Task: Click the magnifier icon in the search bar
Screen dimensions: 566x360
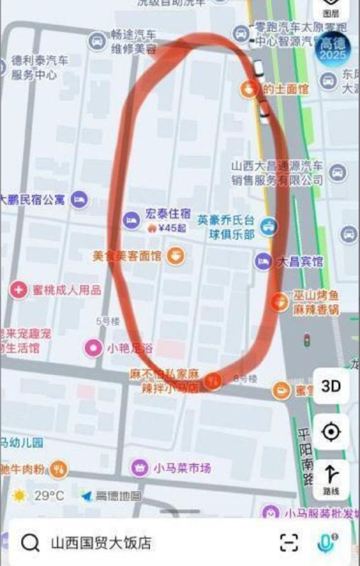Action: tap(30, 543)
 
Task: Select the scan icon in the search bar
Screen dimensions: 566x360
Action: tap(289, 543)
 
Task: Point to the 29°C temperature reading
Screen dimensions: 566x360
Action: tap(49, 495)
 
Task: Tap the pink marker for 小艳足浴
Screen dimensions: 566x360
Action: tap(93, 347)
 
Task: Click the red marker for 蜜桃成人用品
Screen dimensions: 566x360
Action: tap(18, 289)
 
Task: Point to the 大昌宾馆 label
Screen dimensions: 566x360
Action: tap(299, 262)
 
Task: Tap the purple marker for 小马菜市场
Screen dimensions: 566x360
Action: tap(139, 467)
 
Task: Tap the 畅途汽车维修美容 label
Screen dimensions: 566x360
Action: tap(133, 42)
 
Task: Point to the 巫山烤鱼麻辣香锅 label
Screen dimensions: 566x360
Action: tap(318, 303)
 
